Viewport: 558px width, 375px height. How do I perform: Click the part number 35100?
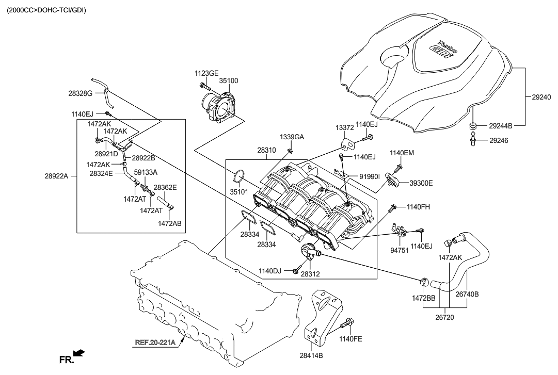(x=229, y=80)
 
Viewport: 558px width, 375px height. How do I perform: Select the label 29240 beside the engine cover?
(x=541, y=97)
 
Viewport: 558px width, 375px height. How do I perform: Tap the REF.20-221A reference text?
(x=155, y=343)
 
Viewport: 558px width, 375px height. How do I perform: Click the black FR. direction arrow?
(x=79, y=353)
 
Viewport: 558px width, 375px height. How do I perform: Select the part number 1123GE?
(x=206, y=74)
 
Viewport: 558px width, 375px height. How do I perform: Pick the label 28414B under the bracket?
(x=311, y=355)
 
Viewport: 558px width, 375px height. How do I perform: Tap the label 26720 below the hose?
(x=444, y=317)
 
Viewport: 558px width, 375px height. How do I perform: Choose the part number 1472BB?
(x=423, y=298)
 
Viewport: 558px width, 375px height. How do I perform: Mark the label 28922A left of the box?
(x=56, y=175)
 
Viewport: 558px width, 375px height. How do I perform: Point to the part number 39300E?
(x=421, y=183)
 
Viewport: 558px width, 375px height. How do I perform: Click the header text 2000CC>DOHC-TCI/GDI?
(x=46, y=10)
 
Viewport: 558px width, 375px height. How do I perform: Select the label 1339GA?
(x=292, y=137)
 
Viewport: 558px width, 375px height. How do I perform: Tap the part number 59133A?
(x=146, y=172)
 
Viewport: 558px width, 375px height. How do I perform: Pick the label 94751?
(x=399, y=250)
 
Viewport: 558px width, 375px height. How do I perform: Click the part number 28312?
(x=310, y=274)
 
